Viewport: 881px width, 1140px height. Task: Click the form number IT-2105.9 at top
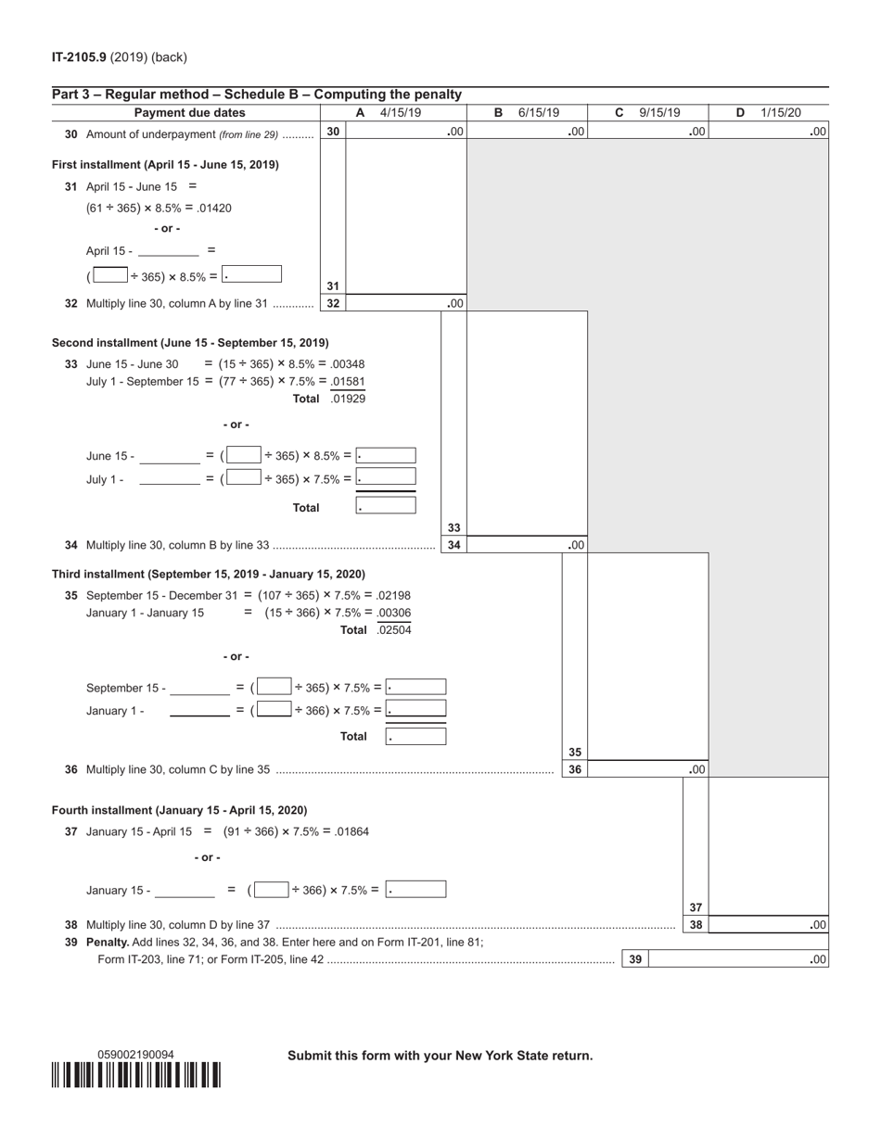(79, 57)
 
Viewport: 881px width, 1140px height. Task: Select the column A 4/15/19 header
(389, 113)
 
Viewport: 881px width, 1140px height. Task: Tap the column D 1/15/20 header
(769, 113)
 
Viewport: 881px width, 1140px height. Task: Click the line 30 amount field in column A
(405, 133)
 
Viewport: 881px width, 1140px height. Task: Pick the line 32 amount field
(405, 303)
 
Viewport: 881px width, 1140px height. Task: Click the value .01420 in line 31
(213, 208)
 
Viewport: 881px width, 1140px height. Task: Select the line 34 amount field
(526, 546)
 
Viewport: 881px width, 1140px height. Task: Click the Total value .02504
(394, 630)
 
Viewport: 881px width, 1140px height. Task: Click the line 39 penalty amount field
(737, 960)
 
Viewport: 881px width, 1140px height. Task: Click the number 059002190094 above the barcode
(136, 1055)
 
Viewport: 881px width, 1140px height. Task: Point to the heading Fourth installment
(179, 810)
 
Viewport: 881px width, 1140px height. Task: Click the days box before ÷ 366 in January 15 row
(271, 890)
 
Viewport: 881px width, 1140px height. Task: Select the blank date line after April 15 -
(169, 251)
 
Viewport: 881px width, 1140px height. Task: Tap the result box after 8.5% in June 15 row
(386, 456)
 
